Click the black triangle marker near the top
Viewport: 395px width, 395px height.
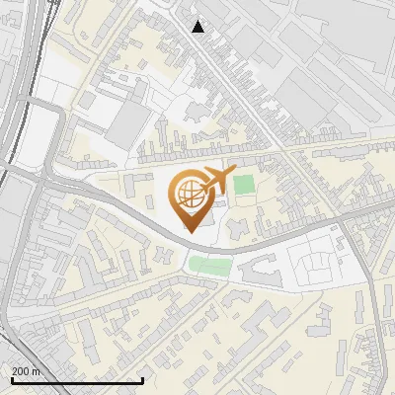198,27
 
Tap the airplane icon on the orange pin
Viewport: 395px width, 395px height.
214,180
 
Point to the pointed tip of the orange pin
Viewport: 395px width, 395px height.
189,232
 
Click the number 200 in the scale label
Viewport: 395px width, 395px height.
21,371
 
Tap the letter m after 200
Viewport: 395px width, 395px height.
37,371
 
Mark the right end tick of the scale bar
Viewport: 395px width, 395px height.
144,380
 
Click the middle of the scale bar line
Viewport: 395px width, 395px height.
76,381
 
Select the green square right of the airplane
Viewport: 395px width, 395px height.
243,185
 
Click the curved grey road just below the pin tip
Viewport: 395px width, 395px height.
197,244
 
